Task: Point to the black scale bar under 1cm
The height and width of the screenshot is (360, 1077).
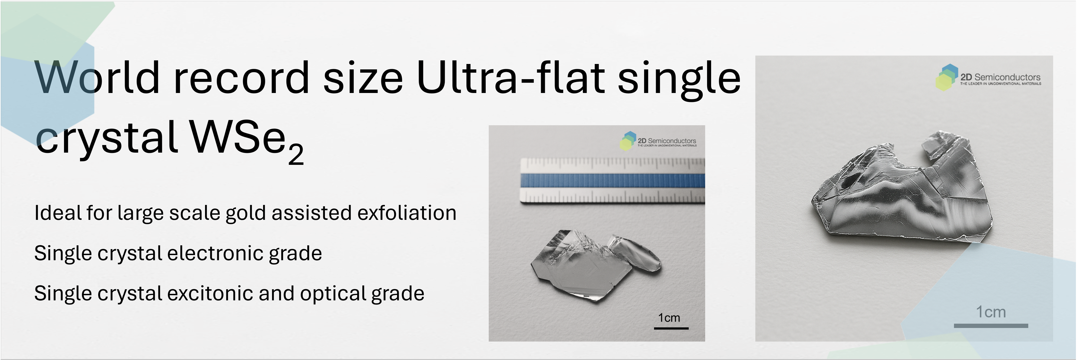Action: (671, 328)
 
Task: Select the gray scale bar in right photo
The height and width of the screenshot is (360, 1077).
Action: (991, 325)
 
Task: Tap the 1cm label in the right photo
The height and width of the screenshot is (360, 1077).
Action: (991, 312)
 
